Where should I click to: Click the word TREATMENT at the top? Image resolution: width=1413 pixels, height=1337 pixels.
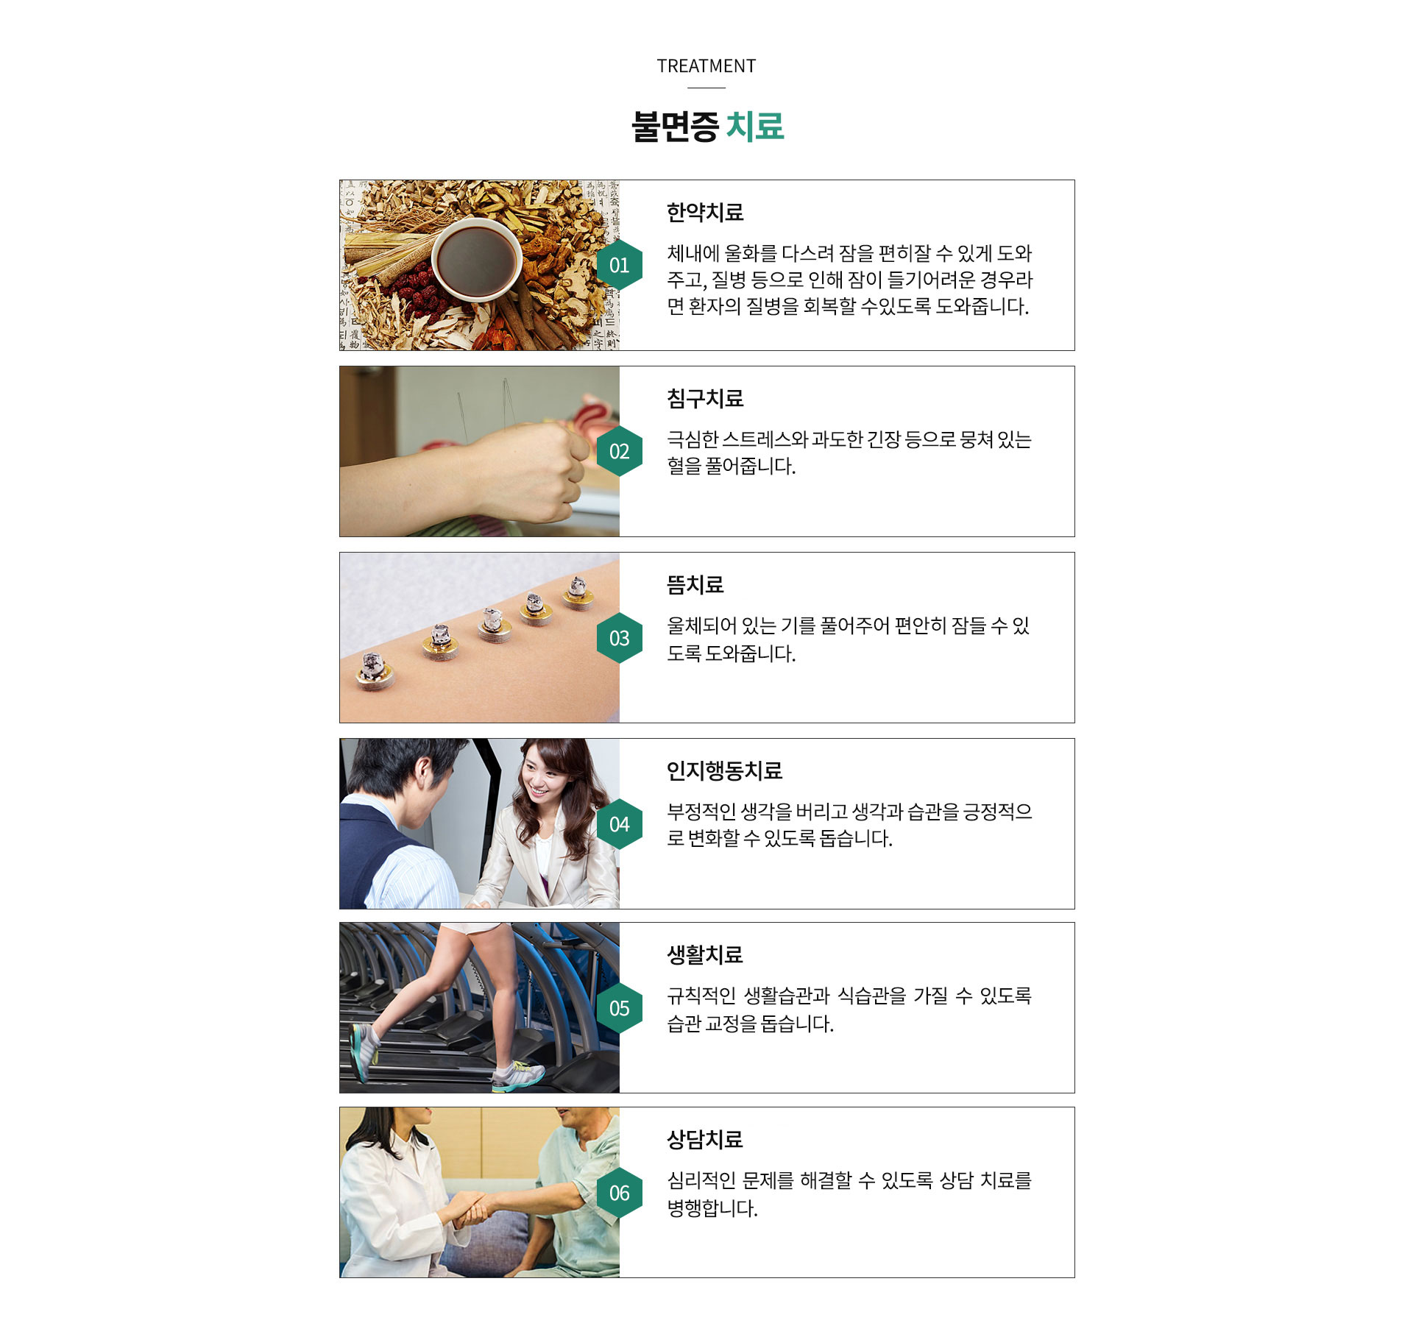(x=706, y=66)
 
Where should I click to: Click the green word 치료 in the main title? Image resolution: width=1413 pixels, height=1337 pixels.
(x=754, y=127)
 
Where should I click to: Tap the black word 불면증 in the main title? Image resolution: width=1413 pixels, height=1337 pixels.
(x=675, y=127)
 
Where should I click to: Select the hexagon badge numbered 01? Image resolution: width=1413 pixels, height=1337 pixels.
(x=619, y=265)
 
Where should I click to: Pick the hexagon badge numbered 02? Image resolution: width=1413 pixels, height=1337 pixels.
(x=619, y=451)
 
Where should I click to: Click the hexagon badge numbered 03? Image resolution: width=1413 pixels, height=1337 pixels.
(x=619, y=638)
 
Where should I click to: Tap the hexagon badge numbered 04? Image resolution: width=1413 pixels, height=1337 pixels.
(x=619, y=824)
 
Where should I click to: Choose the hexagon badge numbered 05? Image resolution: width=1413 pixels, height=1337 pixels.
(x=619, y=1008)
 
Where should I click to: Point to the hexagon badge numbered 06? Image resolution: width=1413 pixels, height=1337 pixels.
(x=619, y=1193)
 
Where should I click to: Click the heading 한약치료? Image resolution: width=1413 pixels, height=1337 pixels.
(x=704, y=213)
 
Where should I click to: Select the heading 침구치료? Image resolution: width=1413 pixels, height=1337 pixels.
(x=704, y=399)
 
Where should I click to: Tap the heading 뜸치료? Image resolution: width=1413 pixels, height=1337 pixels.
(x=695, y=585)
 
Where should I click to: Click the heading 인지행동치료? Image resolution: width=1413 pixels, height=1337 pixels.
(x=723, y=771)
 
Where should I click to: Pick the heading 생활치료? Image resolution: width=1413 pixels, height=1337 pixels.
(x=704, y=955)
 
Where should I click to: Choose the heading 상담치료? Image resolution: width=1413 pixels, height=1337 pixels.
(x=704, y=1140)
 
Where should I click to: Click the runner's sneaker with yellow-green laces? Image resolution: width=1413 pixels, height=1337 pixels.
(x=517, y=1076)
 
